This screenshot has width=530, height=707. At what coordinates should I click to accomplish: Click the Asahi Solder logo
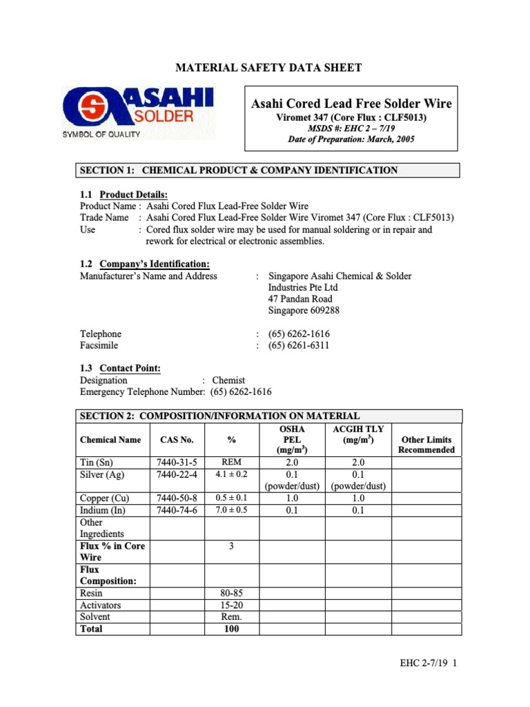[x=138, y=111]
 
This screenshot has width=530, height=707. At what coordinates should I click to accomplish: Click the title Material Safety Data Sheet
[x=268, y=68]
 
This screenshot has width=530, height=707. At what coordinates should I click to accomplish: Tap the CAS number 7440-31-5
[x=177, y=462]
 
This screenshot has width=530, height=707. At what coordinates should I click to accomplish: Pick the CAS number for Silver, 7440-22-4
[x=177, y=474]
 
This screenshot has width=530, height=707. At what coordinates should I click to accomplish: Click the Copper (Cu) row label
[x=105, y=498]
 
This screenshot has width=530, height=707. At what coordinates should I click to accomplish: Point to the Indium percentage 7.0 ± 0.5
[x=231, y=510]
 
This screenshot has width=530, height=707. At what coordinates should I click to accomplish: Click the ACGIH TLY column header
[x=358, y=434]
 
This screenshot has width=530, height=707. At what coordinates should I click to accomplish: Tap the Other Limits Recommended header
[x=426, y=445]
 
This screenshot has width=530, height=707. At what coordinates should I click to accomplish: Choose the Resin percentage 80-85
[x=231, y=593]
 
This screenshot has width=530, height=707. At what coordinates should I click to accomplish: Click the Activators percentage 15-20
[x=231, y=605]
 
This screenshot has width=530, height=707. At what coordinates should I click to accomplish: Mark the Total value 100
[x=231, y=629]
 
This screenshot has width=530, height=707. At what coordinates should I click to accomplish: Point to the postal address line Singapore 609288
[x=304, y=311]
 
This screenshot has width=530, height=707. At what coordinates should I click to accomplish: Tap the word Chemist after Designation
[x=228, y=380]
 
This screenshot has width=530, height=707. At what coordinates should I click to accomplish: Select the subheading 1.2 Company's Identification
[x=145, y=264]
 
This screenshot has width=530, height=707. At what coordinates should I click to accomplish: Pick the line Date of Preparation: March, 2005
[x=351, y=139]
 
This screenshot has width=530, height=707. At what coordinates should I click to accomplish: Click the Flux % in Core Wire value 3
[x=231, y=545]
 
